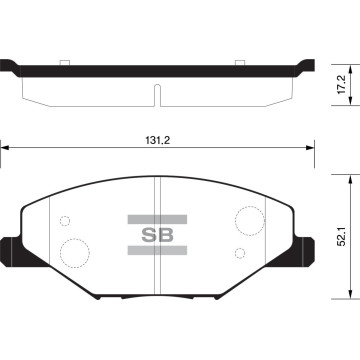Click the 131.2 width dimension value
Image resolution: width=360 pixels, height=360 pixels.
tap(157, 140)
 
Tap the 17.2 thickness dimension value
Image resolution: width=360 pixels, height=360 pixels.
tap(342, 84)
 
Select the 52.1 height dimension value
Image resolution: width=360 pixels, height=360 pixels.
tap(342, 236)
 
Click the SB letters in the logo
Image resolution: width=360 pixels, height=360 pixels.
tap(157, 235)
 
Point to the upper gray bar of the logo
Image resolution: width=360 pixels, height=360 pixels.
tap(157, 219)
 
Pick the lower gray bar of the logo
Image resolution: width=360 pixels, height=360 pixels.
tap(157, 250)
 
